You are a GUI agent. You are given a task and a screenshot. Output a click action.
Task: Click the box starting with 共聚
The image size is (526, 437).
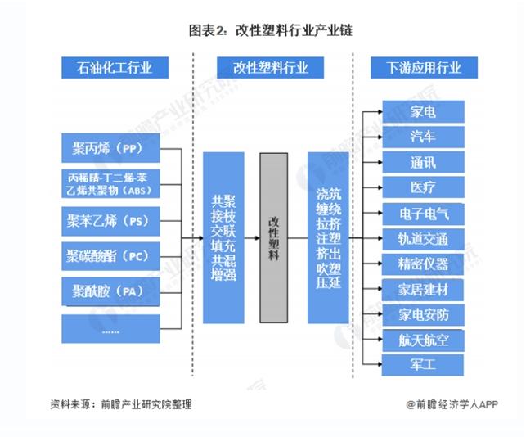click(223, 237)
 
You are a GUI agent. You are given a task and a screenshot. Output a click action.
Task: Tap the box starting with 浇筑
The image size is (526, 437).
click(328, 237)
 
